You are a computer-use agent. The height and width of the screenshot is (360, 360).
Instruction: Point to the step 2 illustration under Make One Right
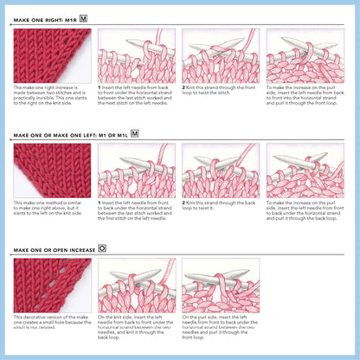(220, 55)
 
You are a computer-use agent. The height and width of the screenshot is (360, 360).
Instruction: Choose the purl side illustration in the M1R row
(305, 55)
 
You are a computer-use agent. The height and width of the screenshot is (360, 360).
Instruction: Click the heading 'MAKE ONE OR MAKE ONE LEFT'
(69, 135)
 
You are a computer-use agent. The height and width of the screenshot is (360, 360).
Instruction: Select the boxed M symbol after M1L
(134, 134)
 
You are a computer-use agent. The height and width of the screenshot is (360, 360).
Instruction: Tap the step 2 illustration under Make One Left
(220, 170)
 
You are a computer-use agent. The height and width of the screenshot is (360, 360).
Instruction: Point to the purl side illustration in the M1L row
(305, 170)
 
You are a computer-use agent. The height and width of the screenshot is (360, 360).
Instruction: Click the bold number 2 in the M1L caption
(183, 202)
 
